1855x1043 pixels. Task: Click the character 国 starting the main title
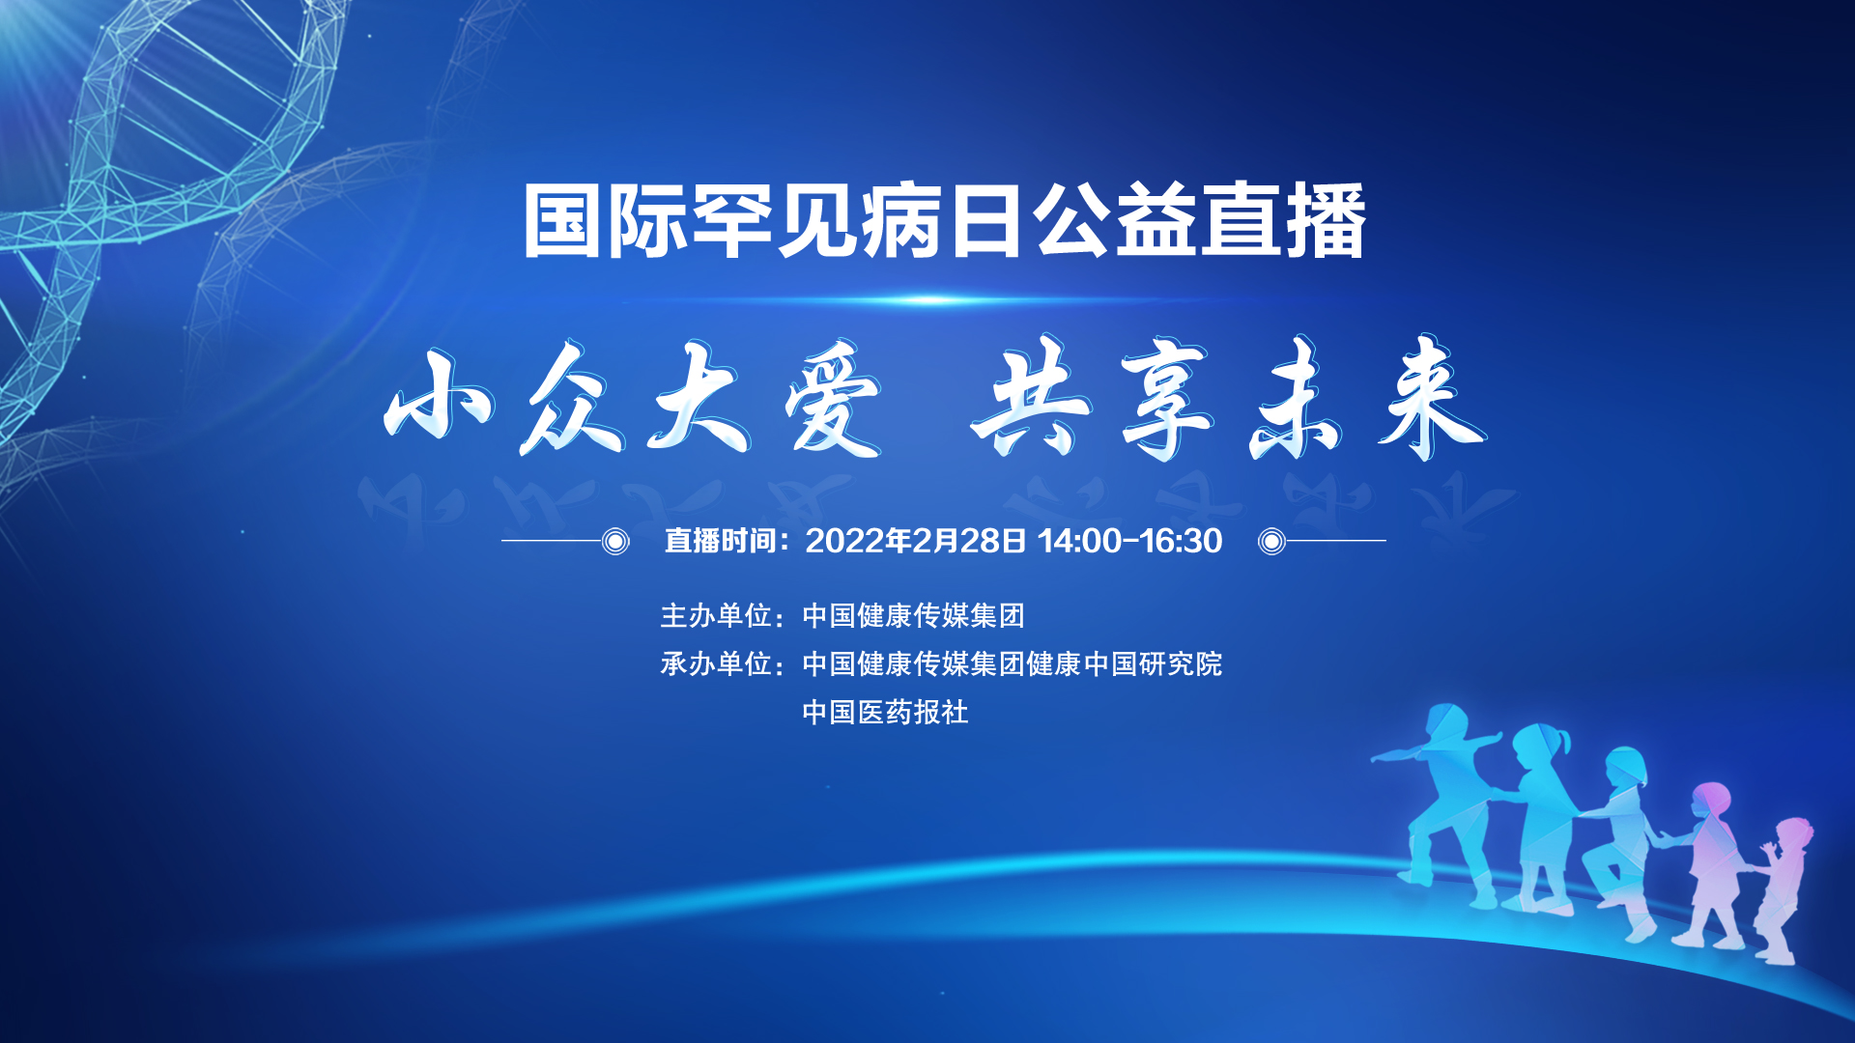click(x=564, y=221)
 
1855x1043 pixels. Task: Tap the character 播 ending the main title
click(x=1326, y=221)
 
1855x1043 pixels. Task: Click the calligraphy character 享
click(x=1166, y=400)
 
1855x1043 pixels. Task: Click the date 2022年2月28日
click(x=915, y=541)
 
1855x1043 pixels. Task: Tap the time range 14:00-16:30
click(x=1130, y=541)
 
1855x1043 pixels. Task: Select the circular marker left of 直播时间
click(x=615, y=541)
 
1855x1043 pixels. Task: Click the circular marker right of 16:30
click(x=1271, y=541)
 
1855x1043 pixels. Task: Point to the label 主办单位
click(x=716, y=615)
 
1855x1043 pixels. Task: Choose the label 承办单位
click(x=716, y=663)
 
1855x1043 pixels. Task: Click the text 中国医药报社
click(x=885, y=712)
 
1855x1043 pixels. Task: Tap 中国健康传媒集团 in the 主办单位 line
click(x=913, y=615)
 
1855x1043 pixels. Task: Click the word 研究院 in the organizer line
click(x=1181, y=663)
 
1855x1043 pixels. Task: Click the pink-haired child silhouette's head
click(x=1711, y=802)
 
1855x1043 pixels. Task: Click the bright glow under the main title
click(x=932, y=300)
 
